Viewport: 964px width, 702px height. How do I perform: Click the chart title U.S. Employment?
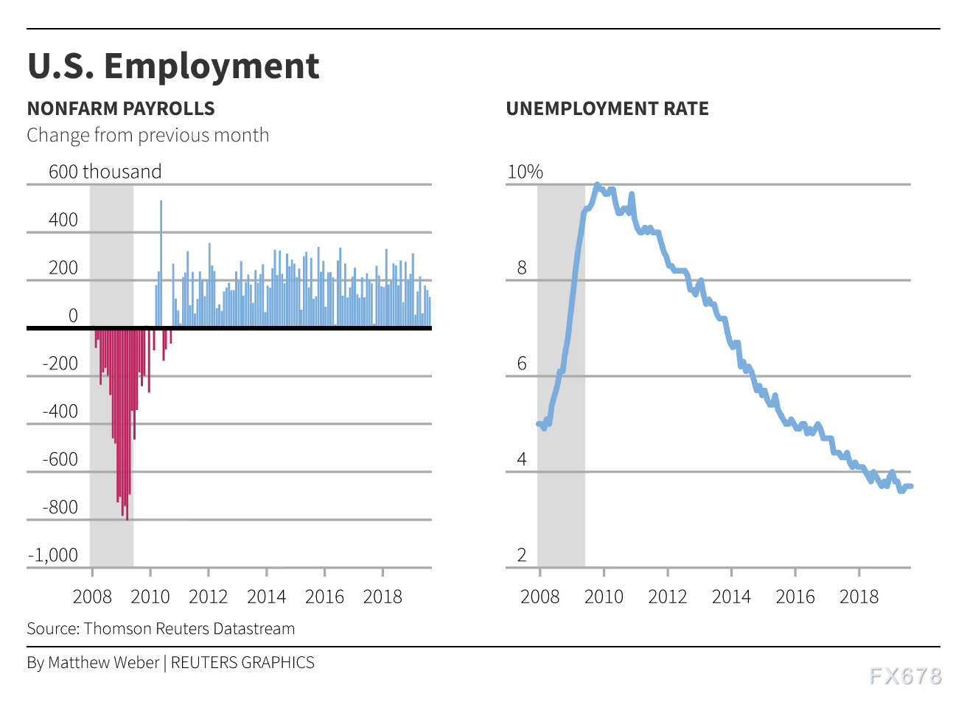pyautogui.click(x=173, y=66)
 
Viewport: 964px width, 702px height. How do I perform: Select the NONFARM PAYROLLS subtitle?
pyautogui.click(x=121, y=109)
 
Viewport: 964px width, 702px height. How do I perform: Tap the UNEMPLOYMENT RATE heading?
pyautogui.click(x=607, y=109)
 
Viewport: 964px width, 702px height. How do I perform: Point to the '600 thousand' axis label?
pyautogui.click(x=105, y=172)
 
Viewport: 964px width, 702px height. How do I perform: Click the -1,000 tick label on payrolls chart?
pyautogui.click(x=52, y=555)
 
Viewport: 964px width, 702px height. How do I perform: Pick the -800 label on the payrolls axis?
pyautogui.click(x=60, y=507)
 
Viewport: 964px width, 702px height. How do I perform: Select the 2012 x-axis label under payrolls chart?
pyautogui.click(x=208, y=597)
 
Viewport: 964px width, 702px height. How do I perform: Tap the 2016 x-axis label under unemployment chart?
pyautogui.click(x=794, y=597)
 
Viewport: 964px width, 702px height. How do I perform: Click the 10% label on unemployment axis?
pyautogui.click(x=525, y=172)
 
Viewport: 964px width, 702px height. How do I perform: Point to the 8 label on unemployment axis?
pyautogui.click(x=522, y=268)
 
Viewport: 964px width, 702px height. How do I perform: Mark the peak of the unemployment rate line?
pyautogui.click(x=597, y=185)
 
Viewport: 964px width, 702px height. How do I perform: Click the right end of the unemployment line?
pyautogui.click(x=911, y=486)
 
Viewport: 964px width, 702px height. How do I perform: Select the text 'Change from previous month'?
pyautogui.click(x=148, y=136)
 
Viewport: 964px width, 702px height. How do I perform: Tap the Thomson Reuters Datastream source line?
pyautogui.click(x=161, y=629)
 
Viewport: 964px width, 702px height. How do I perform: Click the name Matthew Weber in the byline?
pyautogui.click(x=104, y=663)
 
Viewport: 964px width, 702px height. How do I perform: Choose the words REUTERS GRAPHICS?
pyautogui.click(x=242, y=663)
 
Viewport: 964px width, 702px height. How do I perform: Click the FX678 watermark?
pyautogui.click(x=905, y=676)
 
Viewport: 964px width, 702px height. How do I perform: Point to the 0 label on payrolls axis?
pyautogui.click(x=72, y=316)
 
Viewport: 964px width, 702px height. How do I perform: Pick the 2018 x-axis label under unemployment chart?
pyautogui.click(x=859, y=597)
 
